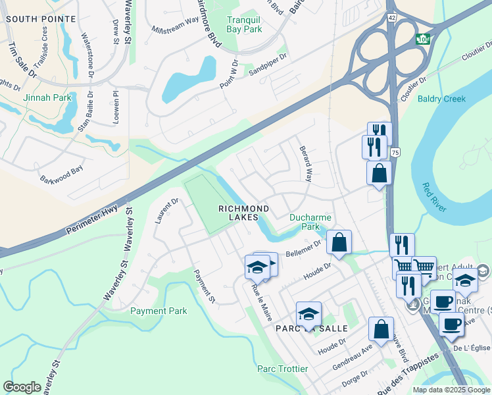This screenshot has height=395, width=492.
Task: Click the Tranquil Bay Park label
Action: tap(244, 24)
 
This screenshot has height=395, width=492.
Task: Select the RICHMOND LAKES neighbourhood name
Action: tap(243, 213)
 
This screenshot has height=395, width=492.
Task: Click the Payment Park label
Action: tap(159, 311)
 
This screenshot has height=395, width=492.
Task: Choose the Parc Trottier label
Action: tap(282, 369)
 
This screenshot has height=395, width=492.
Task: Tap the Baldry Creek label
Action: tap(442, 99)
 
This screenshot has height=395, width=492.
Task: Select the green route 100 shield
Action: tap(422, 39)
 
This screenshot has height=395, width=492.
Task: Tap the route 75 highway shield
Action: tap(394, 152)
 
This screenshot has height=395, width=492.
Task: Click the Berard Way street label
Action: tap(305, 164)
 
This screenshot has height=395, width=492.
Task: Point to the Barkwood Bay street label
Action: tap(62, 174)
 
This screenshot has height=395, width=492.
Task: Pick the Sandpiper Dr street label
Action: tap(269, 66)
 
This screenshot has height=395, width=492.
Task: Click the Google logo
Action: tap(22, 387)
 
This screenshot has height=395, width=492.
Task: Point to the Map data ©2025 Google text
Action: tap(451, 390)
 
